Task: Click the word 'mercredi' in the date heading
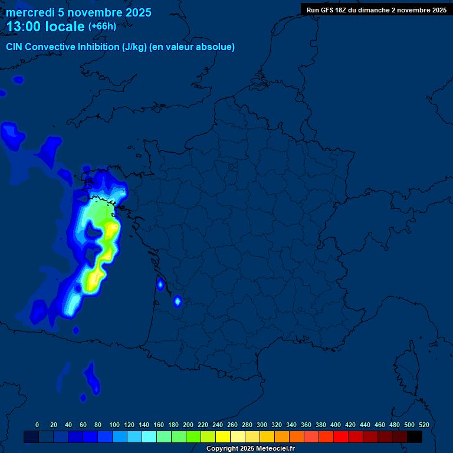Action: coord(30,12)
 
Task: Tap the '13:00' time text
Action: coord(24,27)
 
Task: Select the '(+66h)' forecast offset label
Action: coord(102,27)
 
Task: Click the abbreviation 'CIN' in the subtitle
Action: coord(15,47)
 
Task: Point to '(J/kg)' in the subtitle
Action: coord(135,47)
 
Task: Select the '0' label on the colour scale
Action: coord(37,425)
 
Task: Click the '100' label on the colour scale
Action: coord(114,425)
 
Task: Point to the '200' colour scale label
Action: coord(188,425)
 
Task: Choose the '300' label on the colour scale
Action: coord(262,425)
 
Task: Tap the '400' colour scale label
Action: coord(336,425)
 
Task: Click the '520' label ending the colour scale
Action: coord(424,425)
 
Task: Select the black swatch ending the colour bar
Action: coord(415,436)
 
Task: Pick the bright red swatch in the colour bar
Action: coord(341,436)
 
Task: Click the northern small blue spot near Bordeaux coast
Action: coord(160,285)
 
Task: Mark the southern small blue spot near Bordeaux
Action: coord(177,302)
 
